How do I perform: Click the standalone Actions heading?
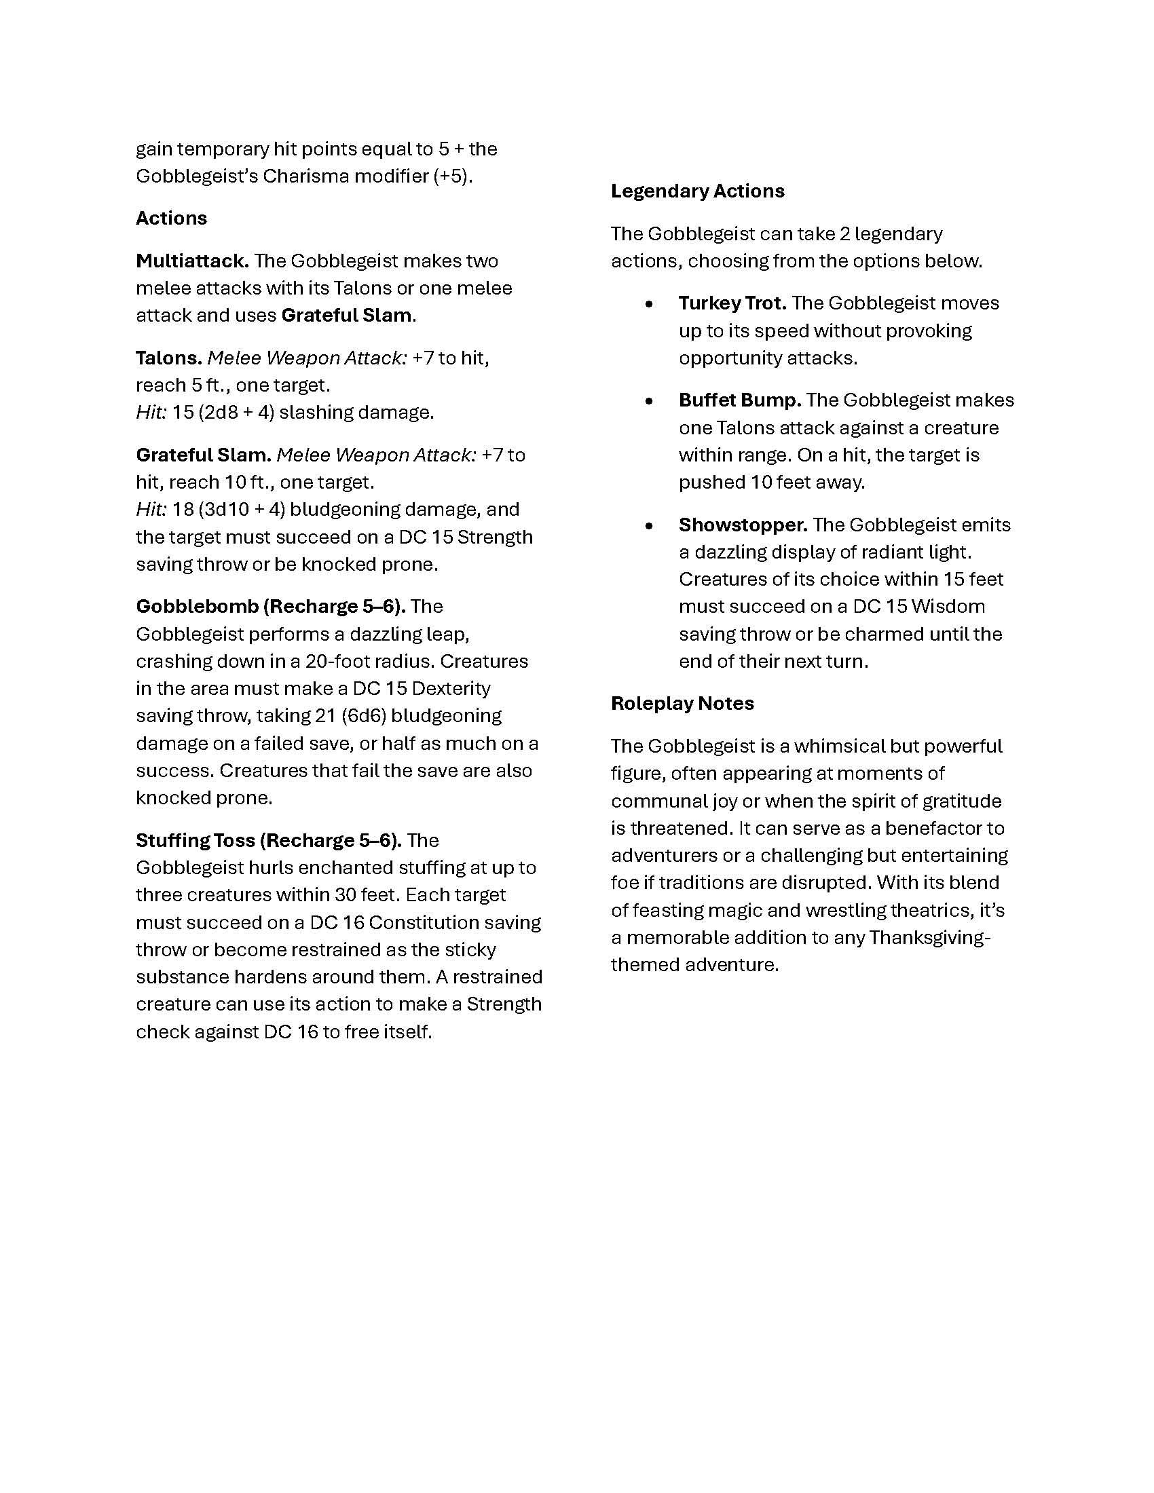(x=171, y=218)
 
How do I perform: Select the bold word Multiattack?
(x=192, y=261)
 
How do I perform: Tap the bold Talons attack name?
(x=169, y=358)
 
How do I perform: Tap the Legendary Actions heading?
(x=697, y=191)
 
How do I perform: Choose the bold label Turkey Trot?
(x=732, y=303)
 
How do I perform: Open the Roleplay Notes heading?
(x=682, y=704)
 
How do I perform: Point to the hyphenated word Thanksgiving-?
(x=930, y=937)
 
